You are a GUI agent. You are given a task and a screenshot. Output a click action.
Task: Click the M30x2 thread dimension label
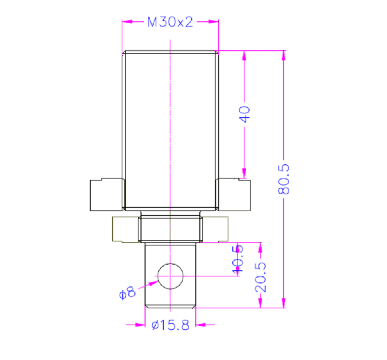pyautogui.click(x=170, y=22)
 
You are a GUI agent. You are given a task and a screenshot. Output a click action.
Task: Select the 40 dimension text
pyautogui.click(x=245, y=114)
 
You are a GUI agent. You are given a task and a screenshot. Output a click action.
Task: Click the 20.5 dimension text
pyautogui.click(x=261, y=277)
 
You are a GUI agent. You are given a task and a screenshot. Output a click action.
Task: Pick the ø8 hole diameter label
pyautogui.click(x=127, y=293)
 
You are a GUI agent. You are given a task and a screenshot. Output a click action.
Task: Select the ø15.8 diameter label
pyautogui.click(x=170, y=325)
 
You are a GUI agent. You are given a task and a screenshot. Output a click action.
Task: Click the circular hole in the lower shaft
pyautogui.click(x=170, y=276)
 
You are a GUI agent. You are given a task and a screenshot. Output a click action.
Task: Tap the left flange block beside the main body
pyautogui.click(x=107, y=195)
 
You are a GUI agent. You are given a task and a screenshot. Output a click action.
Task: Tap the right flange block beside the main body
pyautogui.click(x=234, y=195)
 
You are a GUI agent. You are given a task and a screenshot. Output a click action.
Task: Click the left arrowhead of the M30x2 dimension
pyautogui.click(x=127, y=22)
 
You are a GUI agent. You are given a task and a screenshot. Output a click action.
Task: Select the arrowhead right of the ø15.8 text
pyautogui.click(x=201, y=325)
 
